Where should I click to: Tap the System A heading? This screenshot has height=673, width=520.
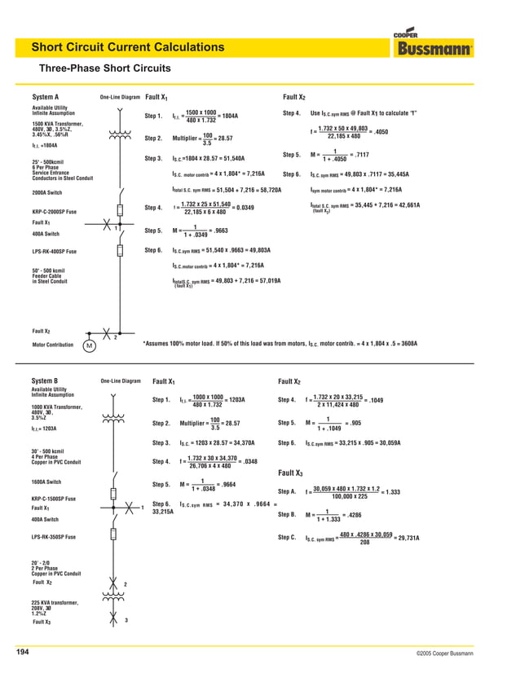click(45, 97)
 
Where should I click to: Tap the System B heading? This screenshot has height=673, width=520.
click(45, 380)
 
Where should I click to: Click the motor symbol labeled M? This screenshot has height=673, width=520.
click(87, 345)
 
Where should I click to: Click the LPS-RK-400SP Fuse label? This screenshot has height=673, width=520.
click(55, 251)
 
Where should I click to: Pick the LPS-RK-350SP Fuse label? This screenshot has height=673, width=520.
click(55, 537)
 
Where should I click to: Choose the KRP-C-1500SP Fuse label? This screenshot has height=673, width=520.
click(55, 498)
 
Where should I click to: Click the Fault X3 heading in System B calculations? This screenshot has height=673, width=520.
click(291, 473)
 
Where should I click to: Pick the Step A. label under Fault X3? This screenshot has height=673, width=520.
click(287, 491)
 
